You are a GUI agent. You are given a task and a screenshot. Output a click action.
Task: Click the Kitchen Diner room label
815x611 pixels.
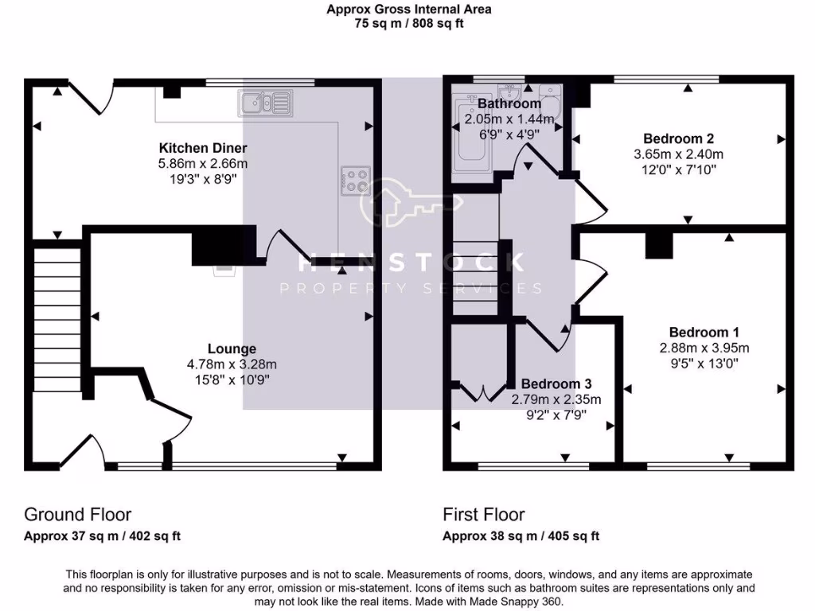pyautogui.click(x=203, y=148)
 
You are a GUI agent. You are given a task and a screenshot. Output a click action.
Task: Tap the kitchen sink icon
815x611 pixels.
pyautogui.click(x=265, y=102)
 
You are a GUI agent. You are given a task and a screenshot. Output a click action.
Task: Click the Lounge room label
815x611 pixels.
pyautogui.click(x=232, y=348)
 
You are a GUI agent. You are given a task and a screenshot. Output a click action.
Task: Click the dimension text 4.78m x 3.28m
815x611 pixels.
pyautogui.click(x=232, y=364)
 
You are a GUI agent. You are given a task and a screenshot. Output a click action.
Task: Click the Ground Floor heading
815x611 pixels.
pyautogui.click(x=77, y=515)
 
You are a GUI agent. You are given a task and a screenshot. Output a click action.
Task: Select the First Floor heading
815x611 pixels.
pyautogui.click(x=483, y=515)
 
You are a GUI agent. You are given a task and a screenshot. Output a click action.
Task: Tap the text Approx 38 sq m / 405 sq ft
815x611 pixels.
pyautogui.click(x=521, y=536)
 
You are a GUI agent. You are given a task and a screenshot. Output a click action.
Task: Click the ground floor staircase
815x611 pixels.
pyautogui.click(x=57, y=318)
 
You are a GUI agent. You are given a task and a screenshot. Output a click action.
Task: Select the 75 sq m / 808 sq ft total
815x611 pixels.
pyautogui.click(x=409, y=23)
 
